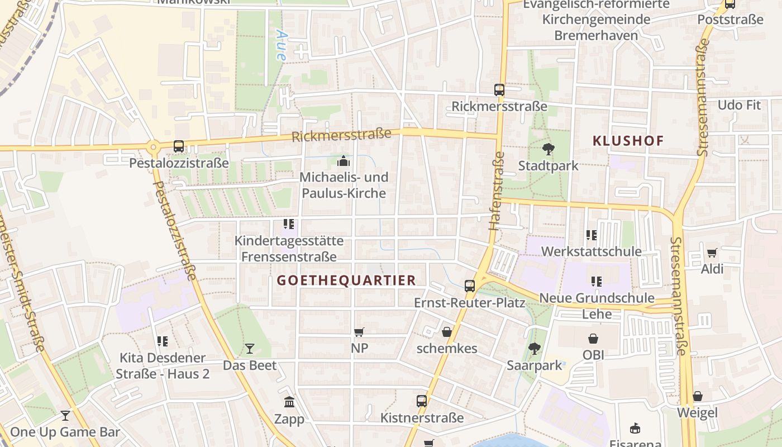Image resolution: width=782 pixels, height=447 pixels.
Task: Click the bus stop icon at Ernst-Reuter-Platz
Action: click(x=470, y=286)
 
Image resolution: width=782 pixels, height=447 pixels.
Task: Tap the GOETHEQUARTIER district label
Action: click(x=346, y=280)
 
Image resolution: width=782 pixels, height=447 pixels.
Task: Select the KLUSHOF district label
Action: click(x=628, y=141)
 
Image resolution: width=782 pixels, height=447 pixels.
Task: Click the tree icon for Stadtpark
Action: click(x=548, y=149)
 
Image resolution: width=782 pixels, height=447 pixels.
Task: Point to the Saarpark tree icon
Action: click(x=535, y=349)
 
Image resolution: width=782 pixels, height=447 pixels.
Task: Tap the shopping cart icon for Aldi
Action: click(x=712, y=253)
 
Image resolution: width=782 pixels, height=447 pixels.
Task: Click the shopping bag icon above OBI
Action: click(x=593, y=339)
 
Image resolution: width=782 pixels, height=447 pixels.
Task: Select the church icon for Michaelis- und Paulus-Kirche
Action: click(x=343, y=161)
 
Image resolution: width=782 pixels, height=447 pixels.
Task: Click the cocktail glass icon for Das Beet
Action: click(x=250, y=349)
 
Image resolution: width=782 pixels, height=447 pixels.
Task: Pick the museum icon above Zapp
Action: click(x=289, y=402)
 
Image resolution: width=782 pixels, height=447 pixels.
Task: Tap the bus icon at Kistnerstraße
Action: click(x=422, y=401)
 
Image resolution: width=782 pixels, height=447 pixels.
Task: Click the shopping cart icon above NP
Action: click(x=359, y=332)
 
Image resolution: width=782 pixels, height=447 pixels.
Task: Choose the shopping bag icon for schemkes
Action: click(x=447, y=332)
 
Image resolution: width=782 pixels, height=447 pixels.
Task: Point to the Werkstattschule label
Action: click(x=592, y=251)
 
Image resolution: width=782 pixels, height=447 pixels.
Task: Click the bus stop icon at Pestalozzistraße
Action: click(x=179, y=146)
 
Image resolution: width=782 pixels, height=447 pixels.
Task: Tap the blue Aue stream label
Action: click(x=282, y=45)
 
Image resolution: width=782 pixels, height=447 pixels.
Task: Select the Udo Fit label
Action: click(x=739, y=105)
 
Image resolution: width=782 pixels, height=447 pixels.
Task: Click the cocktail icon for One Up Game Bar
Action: click(x=65, y=415)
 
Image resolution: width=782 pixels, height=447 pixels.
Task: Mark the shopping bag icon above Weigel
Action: click(x=698, y=396)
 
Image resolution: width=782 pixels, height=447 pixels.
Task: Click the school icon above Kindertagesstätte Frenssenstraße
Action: click(x=289, y=224)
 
